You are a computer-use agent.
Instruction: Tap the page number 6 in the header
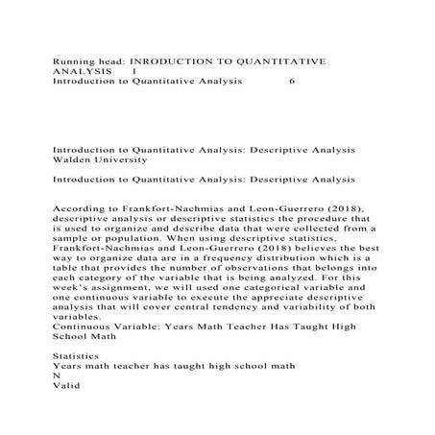pos(292,82)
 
